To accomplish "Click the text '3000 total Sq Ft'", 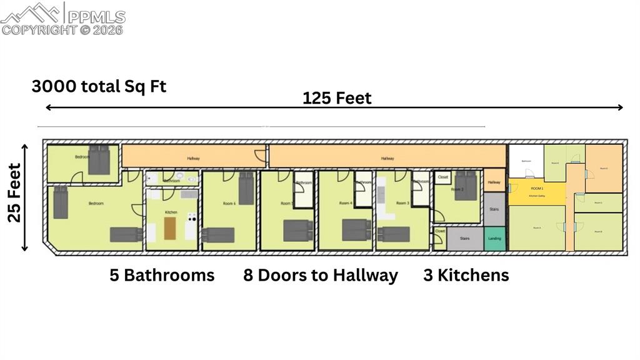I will [x=99, y=86].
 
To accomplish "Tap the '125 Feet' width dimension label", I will [x=337, y=98].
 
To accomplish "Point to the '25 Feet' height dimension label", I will [x=15, y=192].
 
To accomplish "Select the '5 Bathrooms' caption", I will [x=162, y=275].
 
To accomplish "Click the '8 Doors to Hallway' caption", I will [x=321, y=275].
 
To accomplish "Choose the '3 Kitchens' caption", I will [x=466, y=275].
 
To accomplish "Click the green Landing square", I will [x=494, y=239].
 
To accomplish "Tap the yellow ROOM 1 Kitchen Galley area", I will [x=536, y=192].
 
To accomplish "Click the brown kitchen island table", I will [x=171, y=227].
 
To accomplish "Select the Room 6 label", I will [x=228, y=203].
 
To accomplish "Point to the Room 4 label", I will [x=345, y=203].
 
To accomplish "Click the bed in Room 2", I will [x=466, y=185].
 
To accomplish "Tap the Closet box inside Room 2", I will [x=442, y=177].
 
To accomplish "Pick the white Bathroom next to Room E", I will [x=525, y=161].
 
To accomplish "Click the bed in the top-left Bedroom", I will [x=98, y=160].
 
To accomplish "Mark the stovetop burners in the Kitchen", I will [x=192, y=219].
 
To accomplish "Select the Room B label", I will [x=598, y=232].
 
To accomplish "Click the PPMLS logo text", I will [x=96, y=17].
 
